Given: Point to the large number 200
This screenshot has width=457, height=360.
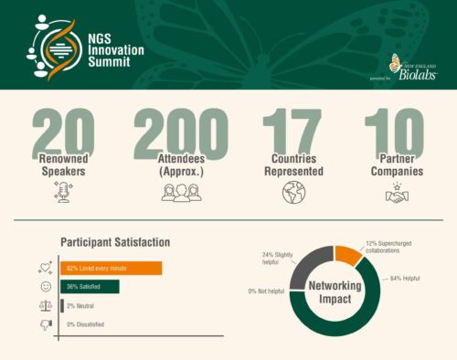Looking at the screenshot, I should (x=180, y=132).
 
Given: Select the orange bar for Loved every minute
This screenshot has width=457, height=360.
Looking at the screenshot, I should (x=111, y=268).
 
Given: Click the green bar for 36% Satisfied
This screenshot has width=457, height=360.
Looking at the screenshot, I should (x=90, y=287).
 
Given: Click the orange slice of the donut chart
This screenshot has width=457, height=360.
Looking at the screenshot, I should (x=348, y=254).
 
